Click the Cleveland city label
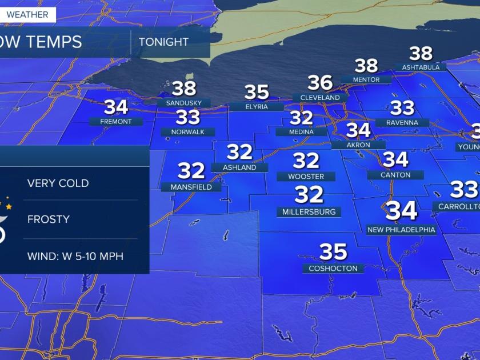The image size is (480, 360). (320, 98)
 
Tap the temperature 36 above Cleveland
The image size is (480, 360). (320, 83)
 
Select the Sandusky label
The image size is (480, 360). (184, 103)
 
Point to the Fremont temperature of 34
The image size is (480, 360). (116, 107)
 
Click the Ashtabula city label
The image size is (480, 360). (421, 67)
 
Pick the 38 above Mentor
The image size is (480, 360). (366, 66)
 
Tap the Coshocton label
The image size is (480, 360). (333, 268)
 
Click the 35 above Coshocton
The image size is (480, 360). (333, 251)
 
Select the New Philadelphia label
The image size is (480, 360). (401, 230)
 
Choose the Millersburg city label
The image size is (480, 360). (309, 212)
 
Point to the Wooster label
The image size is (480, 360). (306, 177)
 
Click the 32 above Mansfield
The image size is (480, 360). (191, 170)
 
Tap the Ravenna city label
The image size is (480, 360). (402, 122)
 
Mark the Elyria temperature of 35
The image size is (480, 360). (257, 92)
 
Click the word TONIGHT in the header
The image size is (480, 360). (163, 42)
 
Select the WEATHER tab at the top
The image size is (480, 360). (28, 14)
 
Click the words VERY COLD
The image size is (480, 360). (58, 183)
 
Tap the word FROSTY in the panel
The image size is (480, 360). (49, 219)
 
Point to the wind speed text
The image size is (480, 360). (75, 255)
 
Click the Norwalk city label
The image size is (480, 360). (188, 132)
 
